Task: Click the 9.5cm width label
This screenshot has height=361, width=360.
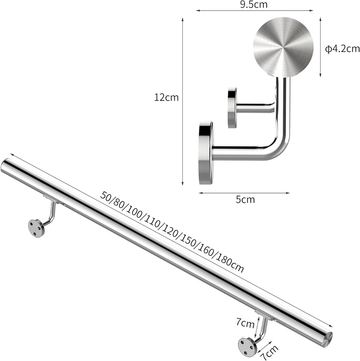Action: click(254, 4)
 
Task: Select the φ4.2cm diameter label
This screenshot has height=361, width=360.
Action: click(343, 49)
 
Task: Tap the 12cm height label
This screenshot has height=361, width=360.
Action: click(166, 98)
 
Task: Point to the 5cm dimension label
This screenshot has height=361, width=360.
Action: click(245, 200)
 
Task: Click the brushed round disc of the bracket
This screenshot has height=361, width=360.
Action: click(283, 47)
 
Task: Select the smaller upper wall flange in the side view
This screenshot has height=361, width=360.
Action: click(232, 108)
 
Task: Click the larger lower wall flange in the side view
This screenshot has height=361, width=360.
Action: click(206, 153)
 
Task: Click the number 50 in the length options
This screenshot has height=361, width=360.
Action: click(106, 196)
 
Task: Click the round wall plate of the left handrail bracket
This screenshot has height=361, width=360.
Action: click(36, 228)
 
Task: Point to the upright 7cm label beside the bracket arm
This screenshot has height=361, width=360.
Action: click(245, 323)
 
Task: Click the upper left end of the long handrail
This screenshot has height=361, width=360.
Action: click(6, 166)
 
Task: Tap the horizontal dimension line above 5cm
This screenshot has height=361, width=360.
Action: click(244, 193)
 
